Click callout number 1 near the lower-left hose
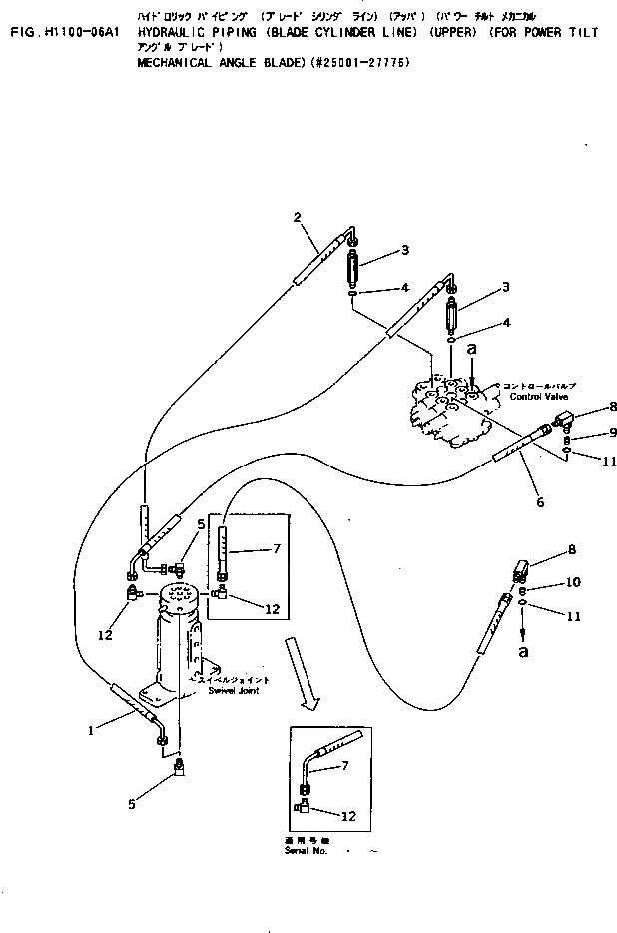(x=90, y=730)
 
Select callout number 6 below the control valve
(x=539, y=502)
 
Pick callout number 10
(x=572, y=581)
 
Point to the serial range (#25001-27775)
(x=359, y=61)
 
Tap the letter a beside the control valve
(x=472, y=351)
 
